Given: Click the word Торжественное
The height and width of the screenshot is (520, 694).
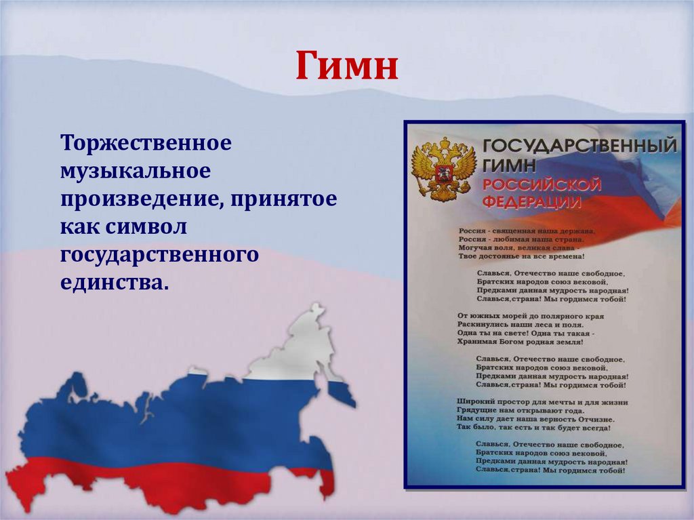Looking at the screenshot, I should click(x=146, y=144).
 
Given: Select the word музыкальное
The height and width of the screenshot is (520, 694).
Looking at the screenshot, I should click(x=136, y=172).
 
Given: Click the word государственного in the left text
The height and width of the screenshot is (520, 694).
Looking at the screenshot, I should click(x=160, y=255).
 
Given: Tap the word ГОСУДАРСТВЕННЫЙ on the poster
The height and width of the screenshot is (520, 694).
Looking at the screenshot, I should click(x=579, y=146).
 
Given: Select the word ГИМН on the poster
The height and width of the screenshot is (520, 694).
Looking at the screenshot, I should click(x=510, y=165).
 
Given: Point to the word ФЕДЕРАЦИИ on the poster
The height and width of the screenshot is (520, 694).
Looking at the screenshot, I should click(x=531, y=202).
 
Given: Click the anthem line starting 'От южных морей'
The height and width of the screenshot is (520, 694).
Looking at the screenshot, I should click(x=531, y=316).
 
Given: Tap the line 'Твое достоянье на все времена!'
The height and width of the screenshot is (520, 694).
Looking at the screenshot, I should click(x=520, y=256).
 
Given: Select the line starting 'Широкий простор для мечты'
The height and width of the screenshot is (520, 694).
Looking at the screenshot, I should click(x=542, y=401).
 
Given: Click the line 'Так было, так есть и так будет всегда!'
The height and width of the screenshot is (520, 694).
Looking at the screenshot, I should click(x=534, y=428).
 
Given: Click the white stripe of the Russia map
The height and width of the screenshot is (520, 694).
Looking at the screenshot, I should click(x=298, y=353).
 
